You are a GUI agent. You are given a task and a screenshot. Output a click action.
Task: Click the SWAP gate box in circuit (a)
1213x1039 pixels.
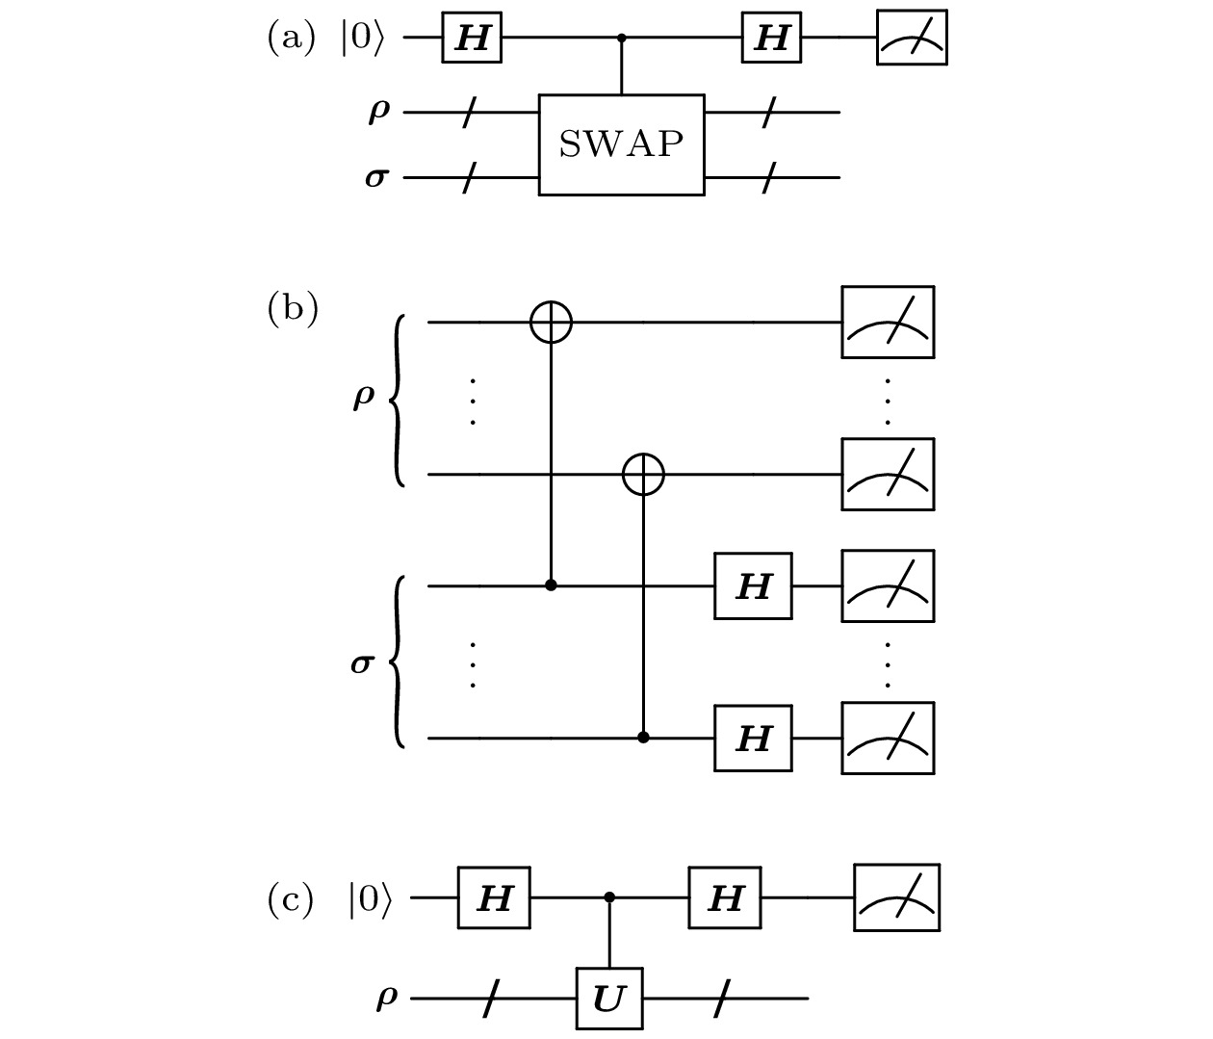(x=621, y=144)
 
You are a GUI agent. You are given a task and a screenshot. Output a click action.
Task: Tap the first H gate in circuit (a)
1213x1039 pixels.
(x=472, y=39)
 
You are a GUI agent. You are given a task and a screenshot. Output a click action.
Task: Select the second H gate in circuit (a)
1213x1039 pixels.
(x=771, y=39)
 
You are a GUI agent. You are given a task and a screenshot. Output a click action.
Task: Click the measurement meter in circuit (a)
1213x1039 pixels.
(x=912, y=39)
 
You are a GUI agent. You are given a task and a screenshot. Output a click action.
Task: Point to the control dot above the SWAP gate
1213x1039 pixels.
(x=622, y=39)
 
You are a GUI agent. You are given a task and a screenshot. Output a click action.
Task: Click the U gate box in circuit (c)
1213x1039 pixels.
(x=608, y=999)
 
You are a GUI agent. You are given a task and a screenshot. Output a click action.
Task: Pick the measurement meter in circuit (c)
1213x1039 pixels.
(x=896, y=897)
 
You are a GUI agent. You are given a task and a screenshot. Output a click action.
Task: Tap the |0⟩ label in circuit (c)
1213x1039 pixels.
(x=370, y=899)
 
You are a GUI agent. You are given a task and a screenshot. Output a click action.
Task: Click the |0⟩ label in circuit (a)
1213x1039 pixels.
(x=362, y=39)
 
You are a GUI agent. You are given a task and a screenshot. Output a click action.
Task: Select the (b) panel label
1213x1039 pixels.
(x=292, y=309)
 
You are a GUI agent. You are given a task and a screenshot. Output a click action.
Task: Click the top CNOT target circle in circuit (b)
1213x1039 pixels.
(x=552, y=323)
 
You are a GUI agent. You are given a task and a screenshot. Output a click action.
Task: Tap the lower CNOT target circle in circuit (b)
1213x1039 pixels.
(x=643, y=475)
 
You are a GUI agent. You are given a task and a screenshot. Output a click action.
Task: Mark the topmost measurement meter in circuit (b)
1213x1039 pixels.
(x=888, y=323)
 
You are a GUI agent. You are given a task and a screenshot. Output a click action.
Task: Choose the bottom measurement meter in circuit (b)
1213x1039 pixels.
(x=888, y=739)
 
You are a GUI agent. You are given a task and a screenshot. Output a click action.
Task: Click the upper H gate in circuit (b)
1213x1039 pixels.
(x=753, y=585)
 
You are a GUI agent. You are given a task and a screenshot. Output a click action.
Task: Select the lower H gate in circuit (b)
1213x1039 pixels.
(x=753, y=739)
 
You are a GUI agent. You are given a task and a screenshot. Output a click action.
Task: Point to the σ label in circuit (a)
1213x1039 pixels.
(x=377, y=178)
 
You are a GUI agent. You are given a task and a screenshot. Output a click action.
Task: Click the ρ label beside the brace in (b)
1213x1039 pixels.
(x=363, y=395)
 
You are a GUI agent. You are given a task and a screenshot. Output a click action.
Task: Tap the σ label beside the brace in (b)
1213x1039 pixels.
(x=362, y=662)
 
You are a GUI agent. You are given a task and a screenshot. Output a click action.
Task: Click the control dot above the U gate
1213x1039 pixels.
(x=609, y=897)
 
